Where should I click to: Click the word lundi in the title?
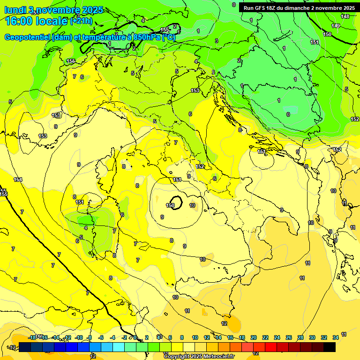[x=15, y=10]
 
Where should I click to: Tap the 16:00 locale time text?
[x=36, y=21]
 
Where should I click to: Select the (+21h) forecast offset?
[x=81, y=21]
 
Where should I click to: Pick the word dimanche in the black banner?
[x=296, y=7]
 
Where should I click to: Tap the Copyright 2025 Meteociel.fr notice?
[x=199, y=356]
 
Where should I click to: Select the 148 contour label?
[x=345, y=16]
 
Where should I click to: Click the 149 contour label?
[x=336, y=26]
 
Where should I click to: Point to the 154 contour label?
[x=18, y=180]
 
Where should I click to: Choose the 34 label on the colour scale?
[x=336, y=337]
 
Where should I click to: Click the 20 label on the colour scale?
[x=253, y=337]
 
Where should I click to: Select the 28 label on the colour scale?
[x=300, y=337]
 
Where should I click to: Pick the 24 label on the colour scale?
[x=277, y=337]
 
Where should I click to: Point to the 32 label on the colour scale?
[x=324, y=337]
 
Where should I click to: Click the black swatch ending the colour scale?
[x=330, y=347]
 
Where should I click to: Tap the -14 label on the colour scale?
[x=55, y=337]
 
